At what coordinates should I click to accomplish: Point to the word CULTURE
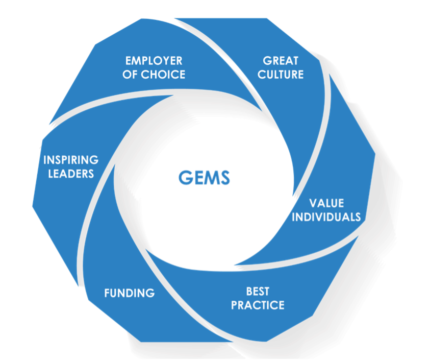click(x=280, y=75)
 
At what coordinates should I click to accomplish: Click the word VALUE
click(x=333, y=203)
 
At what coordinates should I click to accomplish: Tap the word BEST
click(x=258, y=292)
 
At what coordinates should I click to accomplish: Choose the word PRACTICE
click(x=258, y=305)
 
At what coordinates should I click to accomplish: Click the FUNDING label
click(x=129, y=293)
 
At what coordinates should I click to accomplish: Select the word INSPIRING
click(x=71, y=160)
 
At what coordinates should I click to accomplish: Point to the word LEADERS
click(x=71, y=173)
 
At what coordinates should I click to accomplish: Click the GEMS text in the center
click(x=205, y=178)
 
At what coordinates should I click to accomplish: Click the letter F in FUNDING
click(x=107, y=293)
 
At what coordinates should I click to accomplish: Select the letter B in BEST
click(x=249, y=292)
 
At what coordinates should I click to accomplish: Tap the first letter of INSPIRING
click(x=45, y=160)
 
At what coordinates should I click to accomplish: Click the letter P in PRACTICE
click(x=234, y=305)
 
